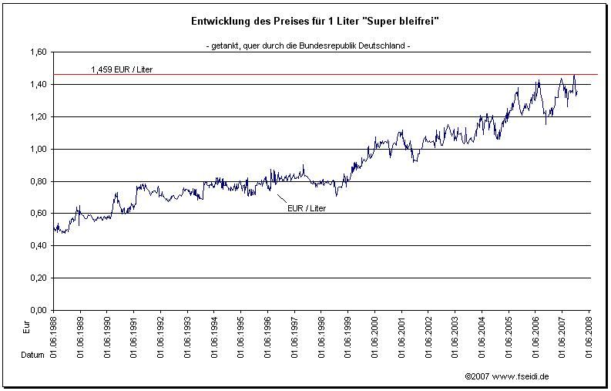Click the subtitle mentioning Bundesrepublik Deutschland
click(x=308, y=46)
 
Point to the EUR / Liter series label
click(x=307, y=207)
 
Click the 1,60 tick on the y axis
click(x=36, y=52)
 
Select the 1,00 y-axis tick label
click(x=36, y=149)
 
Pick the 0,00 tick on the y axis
click(x=36, y=310)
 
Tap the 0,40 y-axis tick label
click(x=36, y=245)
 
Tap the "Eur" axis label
click(x=27, y=328)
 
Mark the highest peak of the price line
click(x=574, y=76)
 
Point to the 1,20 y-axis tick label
click(x=36, y=116)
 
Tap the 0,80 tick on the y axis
click(x=36, y=181)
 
